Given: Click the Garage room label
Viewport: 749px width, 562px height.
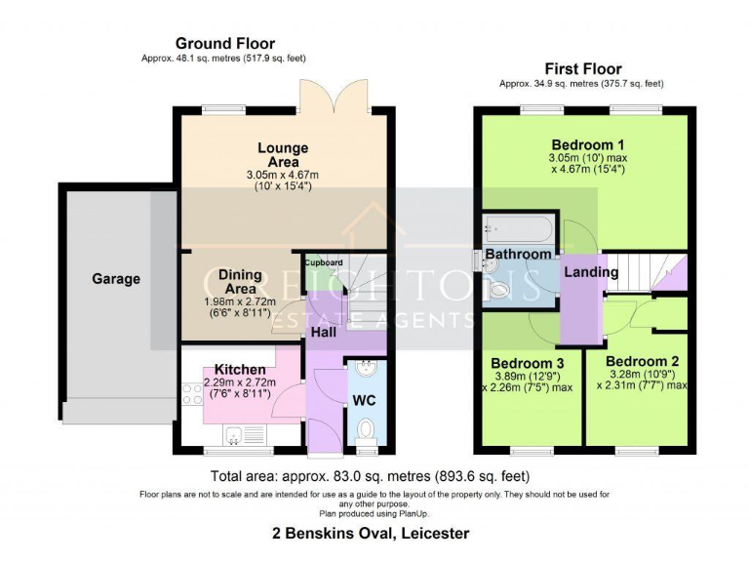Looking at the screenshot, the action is coord(116,279).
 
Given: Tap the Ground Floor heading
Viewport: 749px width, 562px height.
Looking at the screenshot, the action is coord(225,44).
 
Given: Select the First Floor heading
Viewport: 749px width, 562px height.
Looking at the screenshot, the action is coord(583,69).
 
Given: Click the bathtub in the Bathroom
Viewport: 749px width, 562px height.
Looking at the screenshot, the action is coord(518,229).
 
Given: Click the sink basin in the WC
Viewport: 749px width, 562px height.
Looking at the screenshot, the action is coord(367,368).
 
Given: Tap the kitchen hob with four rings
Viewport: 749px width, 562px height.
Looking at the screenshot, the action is coord(192,394).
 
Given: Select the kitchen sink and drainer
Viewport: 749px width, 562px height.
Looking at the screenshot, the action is coord(244,435).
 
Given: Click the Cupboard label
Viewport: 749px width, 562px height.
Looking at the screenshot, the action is coord(324,262).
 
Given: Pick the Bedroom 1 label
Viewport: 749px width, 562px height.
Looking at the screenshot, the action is coord(588,144).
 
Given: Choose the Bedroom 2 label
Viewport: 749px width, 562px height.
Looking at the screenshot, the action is coord(642,361).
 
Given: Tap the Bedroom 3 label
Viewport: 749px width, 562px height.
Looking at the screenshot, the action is coord(528,364).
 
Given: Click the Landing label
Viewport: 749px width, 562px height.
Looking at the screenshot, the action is coord(591,272).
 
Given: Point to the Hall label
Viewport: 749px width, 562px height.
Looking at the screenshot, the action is coord(324,332).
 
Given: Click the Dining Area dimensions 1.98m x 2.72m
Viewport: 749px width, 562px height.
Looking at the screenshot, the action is coord(240,302).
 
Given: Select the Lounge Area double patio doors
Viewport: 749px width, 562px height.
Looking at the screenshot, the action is coord(335,95).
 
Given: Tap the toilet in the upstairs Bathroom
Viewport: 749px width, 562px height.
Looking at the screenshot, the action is coord(496,290).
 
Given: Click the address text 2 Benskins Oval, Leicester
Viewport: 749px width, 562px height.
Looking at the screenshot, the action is coord(371,533).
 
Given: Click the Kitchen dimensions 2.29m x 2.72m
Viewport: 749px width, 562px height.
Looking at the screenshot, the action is coord(240,382).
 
